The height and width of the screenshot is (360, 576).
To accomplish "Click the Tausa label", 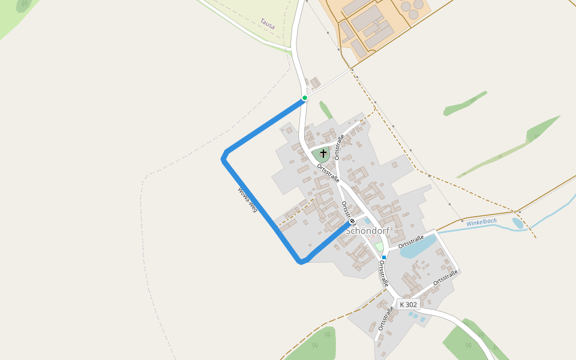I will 267,23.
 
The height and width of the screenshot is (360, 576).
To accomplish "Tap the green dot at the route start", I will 305,98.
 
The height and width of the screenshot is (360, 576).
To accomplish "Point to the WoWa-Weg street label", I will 247,200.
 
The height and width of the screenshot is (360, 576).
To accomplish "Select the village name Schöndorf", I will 367,231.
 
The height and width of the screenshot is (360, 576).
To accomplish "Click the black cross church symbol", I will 323,154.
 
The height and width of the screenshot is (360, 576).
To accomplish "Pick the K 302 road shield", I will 408,305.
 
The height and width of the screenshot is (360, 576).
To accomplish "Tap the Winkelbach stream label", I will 481,222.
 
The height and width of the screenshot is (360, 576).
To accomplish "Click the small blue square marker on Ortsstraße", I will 383,257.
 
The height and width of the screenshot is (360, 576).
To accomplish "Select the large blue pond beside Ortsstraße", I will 418,247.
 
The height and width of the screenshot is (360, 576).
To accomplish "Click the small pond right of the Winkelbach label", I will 518,223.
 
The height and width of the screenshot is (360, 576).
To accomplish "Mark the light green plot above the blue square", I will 379,247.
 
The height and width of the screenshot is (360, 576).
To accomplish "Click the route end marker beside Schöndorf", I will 352,221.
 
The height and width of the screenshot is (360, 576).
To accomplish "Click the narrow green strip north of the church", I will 326,110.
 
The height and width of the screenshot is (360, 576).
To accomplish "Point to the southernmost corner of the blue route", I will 301,262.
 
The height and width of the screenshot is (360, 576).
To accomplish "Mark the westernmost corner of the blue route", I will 223,158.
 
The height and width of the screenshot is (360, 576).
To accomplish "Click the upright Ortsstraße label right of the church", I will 340,148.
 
